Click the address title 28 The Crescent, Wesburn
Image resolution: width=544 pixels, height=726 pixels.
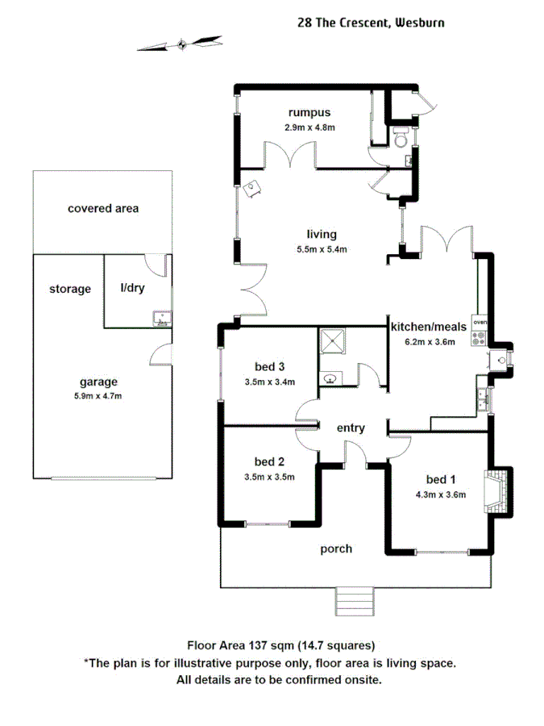coord(371,23)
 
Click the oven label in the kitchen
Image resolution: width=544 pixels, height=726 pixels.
coord(480,322)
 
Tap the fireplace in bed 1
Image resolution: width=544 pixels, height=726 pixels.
coord(496,489)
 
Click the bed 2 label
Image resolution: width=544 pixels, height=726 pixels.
coord(269,462)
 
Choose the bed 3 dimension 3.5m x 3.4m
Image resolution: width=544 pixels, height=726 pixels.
coord(269,382)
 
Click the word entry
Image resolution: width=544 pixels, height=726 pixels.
coord(351,428)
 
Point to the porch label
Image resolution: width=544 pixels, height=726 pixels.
coord(336,549)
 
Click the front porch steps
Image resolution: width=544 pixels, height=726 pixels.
coord(354,601)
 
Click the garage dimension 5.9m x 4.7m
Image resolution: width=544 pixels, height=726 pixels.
coord(98,396)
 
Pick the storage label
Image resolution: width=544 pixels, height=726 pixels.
coord(70,289)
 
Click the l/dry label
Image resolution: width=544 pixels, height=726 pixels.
coord(132,289)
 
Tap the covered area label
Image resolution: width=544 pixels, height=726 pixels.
coord(103,208)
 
